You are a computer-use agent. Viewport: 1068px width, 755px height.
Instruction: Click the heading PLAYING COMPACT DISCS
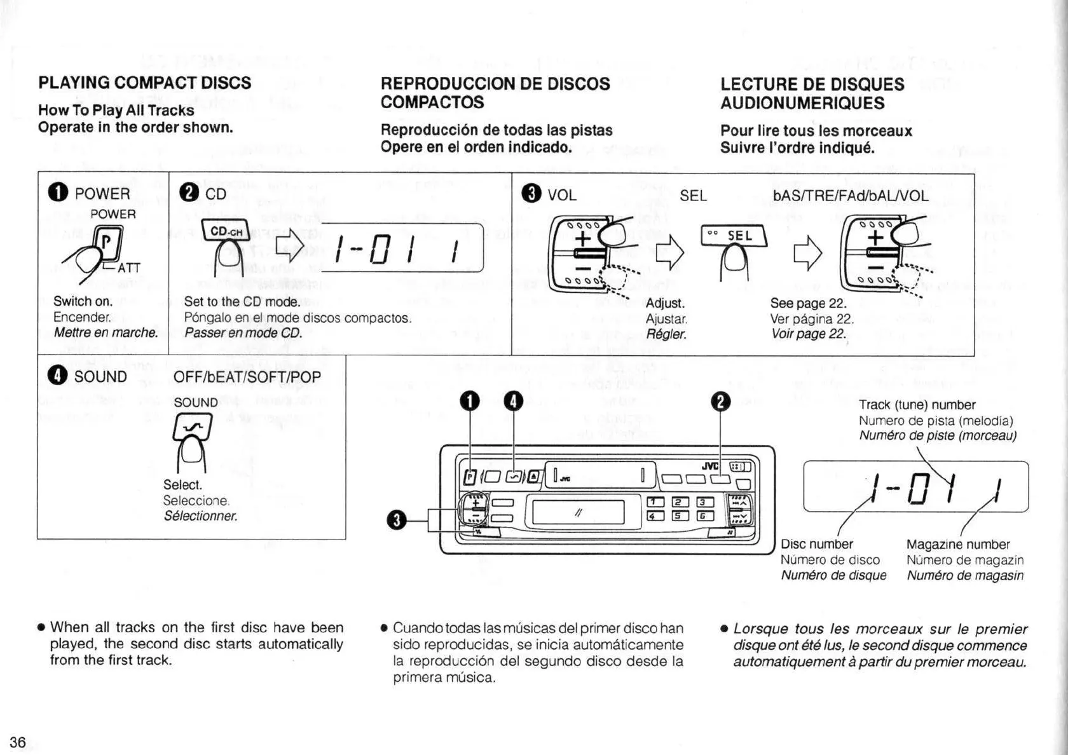click(x=144, y=83)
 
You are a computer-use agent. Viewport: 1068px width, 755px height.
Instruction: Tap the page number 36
click(x=18, y=742)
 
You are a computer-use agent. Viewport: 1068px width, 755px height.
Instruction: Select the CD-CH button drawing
click(x=226, y=231)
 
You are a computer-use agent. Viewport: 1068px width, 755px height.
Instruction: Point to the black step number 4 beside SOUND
click(x=57, y=376)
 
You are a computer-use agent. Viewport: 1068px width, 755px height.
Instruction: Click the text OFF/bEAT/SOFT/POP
click(x=247, y=377)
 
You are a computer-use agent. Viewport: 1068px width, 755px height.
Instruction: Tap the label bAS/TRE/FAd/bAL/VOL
click(x=851, y=195)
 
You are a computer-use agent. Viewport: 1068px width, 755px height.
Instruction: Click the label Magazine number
click(x=957, y=544)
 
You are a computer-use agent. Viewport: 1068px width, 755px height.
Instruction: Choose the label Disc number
click(x=816, y=544)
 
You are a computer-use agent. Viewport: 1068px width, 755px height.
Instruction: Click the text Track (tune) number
click(x=917, y=405)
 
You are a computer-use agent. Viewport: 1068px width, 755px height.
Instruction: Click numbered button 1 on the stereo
click(x=653, y=502)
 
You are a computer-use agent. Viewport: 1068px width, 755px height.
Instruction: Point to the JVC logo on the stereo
click(x=709, y=466)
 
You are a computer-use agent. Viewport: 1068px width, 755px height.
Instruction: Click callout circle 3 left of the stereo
click(x=396, y=520)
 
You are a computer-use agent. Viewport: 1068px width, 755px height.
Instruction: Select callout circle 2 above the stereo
click(x=722, y=402)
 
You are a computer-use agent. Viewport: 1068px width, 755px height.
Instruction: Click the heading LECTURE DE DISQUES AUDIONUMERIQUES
click(x=812, y=93)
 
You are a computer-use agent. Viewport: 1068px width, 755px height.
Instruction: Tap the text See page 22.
click(x=808, y=303)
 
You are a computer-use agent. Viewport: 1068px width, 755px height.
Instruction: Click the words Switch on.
click(x=83, y=301)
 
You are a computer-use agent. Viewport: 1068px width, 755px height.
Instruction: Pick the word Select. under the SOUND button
click(x=182, y=485)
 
